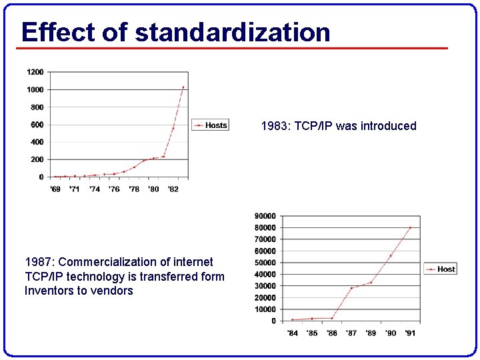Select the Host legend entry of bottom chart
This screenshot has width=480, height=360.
point(441,269)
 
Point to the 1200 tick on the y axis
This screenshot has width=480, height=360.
point(35,72)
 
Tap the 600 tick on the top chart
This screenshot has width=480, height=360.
point(37,125)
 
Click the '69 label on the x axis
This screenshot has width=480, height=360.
point(55,189)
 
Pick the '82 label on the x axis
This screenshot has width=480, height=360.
point(173,189)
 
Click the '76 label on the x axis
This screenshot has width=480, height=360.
point(114,189)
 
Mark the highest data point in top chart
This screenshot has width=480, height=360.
point(183,87)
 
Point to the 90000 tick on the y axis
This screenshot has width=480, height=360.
point(265,216)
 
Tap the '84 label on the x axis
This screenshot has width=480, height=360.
point(292,333)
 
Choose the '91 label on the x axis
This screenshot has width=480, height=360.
point(410,333)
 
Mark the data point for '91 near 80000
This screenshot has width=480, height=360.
point(410,227)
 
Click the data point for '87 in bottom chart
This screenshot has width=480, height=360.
point(351,288)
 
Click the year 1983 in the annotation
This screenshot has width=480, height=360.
point(273,126)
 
